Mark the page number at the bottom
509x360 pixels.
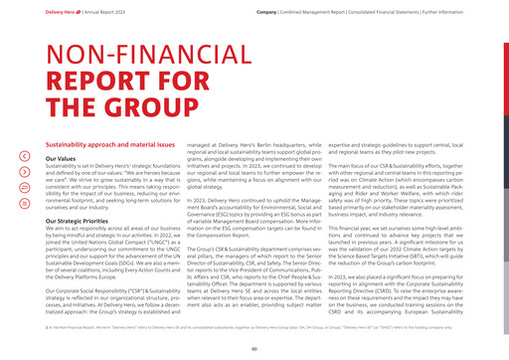tap(254, 350)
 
